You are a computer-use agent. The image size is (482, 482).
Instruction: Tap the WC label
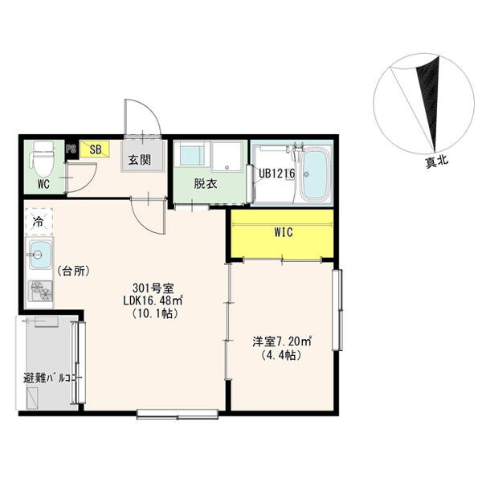[x=43, y=185]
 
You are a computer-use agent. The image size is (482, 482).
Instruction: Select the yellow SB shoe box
[x=95, y=149]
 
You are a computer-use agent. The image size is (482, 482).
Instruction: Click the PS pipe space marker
[x=71, y=149]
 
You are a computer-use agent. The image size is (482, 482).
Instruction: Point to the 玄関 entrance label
[x=140, y=160]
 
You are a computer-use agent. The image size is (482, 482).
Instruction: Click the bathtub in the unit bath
[x=315, y=174]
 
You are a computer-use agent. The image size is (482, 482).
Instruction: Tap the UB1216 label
[x=276, y=174]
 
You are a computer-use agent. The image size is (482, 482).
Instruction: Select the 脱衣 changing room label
[x=206, y=183]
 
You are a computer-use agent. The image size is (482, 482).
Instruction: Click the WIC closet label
[x=284, y=232]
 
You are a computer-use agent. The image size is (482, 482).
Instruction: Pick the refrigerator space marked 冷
[x=39, y=222]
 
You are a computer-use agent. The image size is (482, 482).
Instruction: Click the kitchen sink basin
[x=40, y=255]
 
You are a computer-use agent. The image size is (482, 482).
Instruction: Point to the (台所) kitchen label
[x=74, y=272]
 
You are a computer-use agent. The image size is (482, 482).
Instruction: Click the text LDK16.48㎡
[x=153, y=301]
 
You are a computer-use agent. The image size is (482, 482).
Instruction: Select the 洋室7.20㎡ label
[x=282, y=342]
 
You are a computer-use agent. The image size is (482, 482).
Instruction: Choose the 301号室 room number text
[x=153, y=288]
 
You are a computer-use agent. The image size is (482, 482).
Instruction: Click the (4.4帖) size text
[x=280, y=355]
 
